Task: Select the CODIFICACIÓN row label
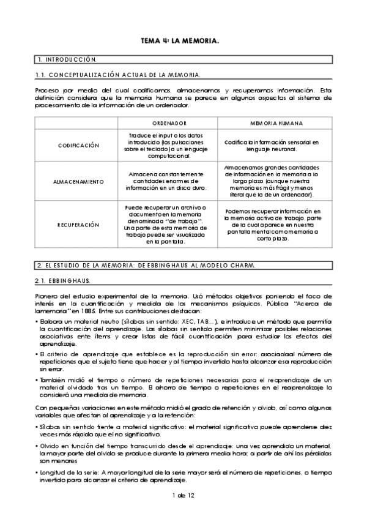[78, 146]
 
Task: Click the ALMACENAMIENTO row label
[78, 181]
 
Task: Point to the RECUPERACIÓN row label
[78, 225]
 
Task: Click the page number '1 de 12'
[182, 494]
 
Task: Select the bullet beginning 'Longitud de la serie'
[183, 477]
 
